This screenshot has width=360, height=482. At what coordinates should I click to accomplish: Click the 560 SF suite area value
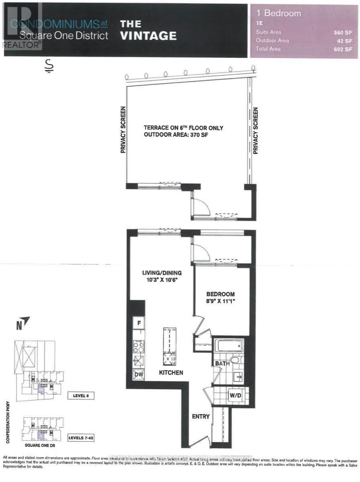tap(343, 32)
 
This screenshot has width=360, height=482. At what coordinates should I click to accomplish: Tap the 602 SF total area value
tap(343, 49)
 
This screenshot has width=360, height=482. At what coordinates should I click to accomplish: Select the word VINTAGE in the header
tap(148, 36)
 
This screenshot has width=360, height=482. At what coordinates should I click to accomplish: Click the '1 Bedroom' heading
tap(278, 13)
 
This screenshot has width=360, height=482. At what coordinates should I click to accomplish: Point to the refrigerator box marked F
tap(139, 322)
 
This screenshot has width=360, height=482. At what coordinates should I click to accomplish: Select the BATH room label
tap(222, 363)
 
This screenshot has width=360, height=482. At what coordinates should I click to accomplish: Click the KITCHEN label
tap(171, 373)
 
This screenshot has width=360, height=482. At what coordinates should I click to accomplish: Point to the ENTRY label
tap(200, 416)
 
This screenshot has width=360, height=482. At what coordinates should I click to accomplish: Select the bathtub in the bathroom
tap(229, 345)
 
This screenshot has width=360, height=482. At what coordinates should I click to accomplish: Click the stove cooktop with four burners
tap(139, 347)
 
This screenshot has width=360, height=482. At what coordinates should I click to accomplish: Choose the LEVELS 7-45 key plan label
tap(81, 437)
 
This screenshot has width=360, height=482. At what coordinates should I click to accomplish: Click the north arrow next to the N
tap(25, 320)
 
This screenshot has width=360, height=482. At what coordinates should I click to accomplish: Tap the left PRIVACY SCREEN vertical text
tap(123, 129)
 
